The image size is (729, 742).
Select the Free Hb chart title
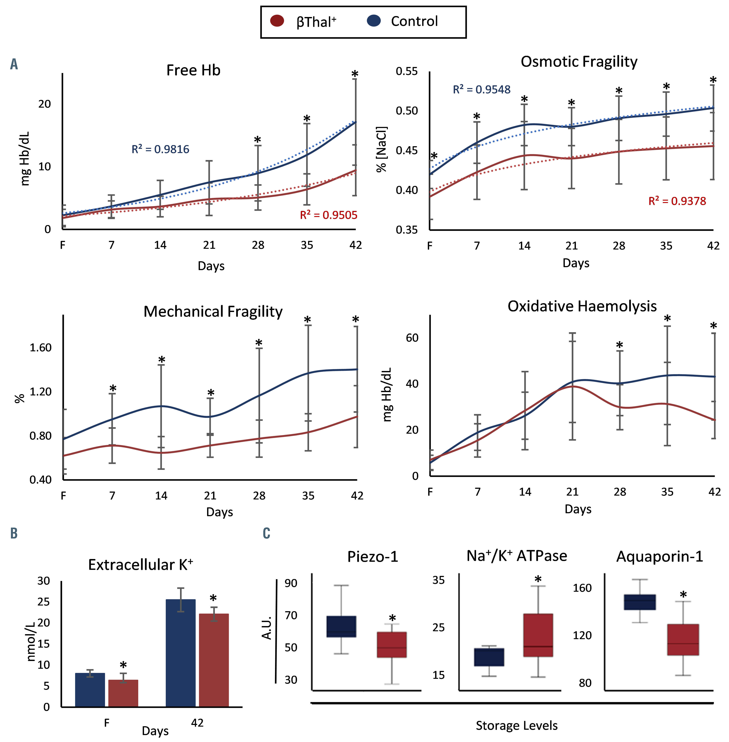(x=193, y=71)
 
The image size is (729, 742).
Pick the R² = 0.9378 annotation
(x=677, y=201)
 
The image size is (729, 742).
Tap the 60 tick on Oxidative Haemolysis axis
(x=412, y=338)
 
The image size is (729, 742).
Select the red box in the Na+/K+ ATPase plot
(x=538, y=635)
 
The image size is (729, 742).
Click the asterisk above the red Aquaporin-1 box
(x=683, y=595)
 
